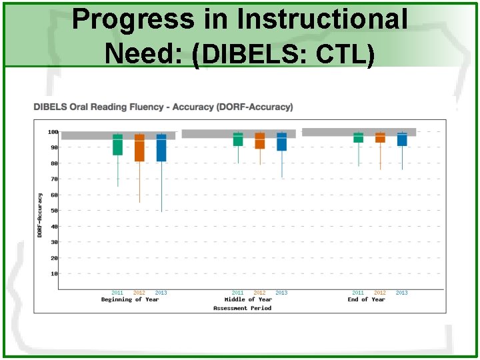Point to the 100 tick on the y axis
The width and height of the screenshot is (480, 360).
[53, 132]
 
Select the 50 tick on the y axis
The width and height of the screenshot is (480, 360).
[54, 211]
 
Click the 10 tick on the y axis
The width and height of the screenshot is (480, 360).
[54, 274]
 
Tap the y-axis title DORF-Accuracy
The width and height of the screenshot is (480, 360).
[39, 215]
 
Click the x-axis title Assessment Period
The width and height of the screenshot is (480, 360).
[242, 308]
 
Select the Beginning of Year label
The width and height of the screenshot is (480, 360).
[130, 300]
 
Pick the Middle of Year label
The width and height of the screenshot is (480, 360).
[249, 300]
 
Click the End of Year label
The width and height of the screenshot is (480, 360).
[366, 300]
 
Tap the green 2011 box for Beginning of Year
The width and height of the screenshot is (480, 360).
[117, 145]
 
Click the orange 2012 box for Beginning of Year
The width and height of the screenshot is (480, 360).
[139, 147]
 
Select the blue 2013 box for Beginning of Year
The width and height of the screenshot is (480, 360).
[161, 147]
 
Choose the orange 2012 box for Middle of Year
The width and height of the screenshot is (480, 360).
[260, 140]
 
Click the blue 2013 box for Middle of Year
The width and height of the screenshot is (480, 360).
[282, 141]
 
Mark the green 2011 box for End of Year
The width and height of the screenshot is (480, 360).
[358, 137]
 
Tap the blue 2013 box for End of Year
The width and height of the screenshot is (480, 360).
[402, 139]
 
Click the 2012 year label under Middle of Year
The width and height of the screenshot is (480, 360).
[259, 293]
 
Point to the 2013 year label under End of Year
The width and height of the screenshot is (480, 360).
[401, 293]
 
